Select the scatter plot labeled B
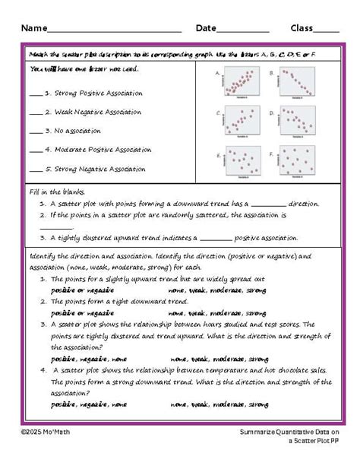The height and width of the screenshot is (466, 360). (x=298, y=83)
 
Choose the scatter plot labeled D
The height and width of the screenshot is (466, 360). (x=298, y=121)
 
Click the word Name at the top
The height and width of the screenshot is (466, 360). (x=34, y=28)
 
